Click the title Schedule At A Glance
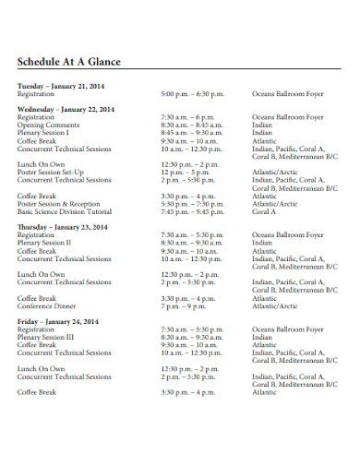[69, 63]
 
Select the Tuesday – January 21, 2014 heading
[61, 85]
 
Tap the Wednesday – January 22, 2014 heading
[66, 109]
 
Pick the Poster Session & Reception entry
[57, 203]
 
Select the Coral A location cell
[265, 211]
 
